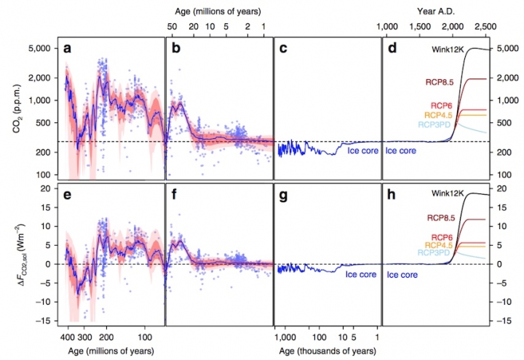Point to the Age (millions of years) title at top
(x=219, y=10)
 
